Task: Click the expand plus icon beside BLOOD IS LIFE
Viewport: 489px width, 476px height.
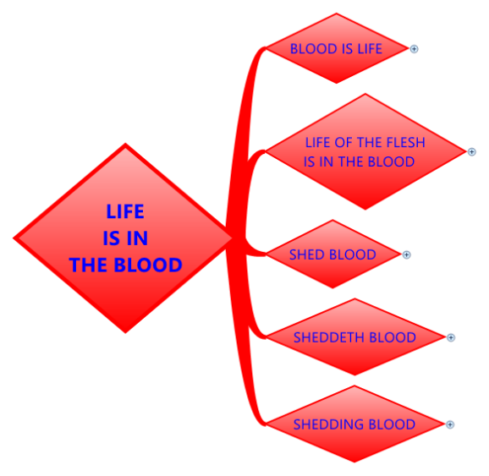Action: (414, 49)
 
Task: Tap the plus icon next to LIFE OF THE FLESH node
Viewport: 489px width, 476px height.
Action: (471, 152)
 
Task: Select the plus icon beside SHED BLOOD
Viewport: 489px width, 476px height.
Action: (406, 254)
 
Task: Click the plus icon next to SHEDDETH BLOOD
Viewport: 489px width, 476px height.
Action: (451, 337)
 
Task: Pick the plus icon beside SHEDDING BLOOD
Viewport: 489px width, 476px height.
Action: (450, 424)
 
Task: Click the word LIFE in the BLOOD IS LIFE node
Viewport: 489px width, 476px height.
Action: (370, 49)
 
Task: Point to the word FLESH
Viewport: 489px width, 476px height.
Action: (405, 142)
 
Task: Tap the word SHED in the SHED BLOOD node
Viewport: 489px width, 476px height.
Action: (307, 254)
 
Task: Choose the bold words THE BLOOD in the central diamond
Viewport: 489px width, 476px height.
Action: (125, 265)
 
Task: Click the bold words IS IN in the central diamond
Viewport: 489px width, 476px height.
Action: (125, 238)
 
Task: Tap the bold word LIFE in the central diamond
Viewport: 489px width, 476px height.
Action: (125, 211)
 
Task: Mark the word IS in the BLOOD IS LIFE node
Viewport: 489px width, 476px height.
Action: (348, 49)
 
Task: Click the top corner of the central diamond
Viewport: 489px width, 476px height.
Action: (125, 144)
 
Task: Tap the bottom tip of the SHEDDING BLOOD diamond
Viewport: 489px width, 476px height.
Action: (354, 462)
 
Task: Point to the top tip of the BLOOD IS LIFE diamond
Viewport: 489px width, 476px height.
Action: (336, 14)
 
